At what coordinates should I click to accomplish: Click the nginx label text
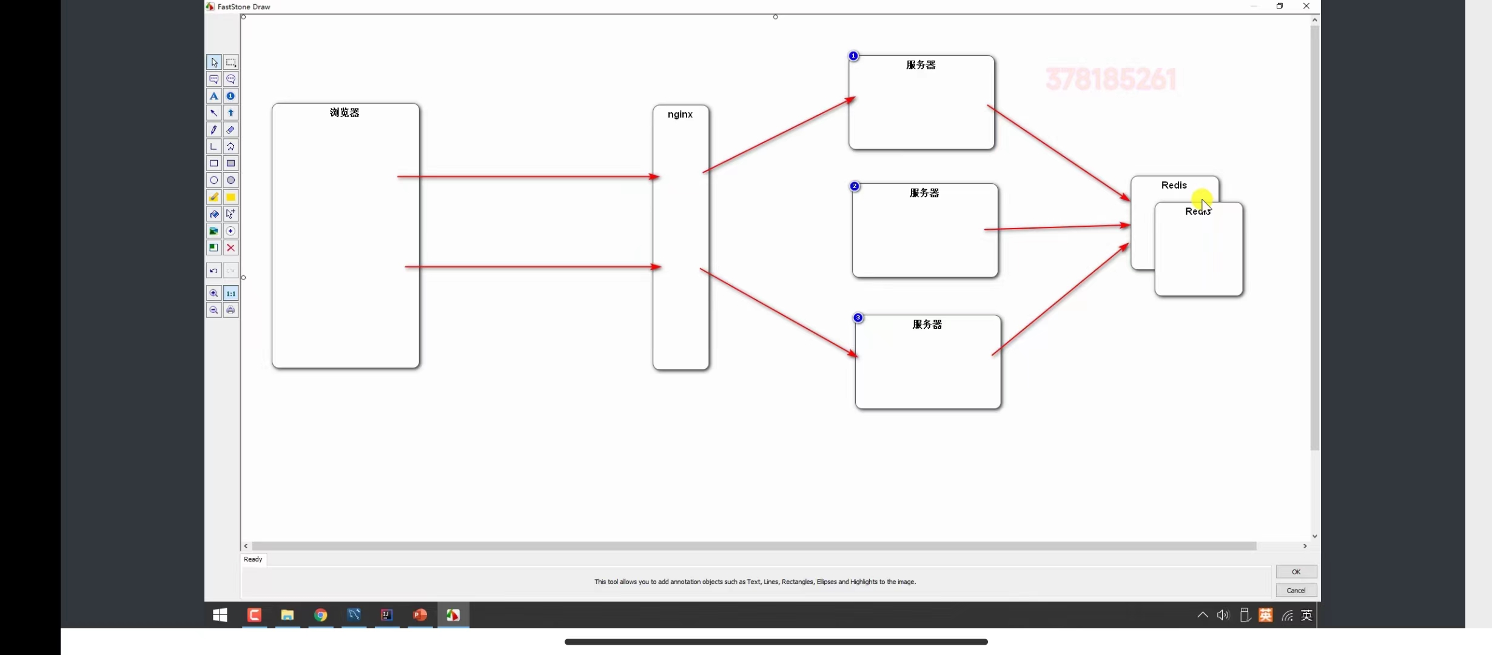pyautogui.click(x=680, y=114)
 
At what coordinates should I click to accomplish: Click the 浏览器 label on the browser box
pyautogui.click(x=344, y=113)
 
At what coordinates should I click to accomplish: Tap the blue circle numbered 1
pyautogui.click(x=853, y=56)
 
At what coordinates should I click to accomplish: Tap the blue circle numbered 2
pyautogui.click(x=855, y=186)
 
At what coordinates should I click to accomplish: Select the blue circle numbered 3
pyautogui.click(x=858, y=318)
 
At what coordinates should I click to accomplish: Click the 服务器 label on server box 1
pyautogui.click(x=921, y=65)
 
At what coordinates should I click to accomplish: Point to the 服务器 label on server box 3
pyautogui.click(x=927, y=324)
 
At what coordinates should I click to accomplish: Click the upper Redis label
pyautogui.click(x=1174, y=185)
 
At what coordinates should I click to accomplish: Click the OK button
pyautogui.click(x=1296, y=572)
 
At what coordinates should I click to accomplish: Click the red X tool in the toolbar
pyautogui.click(x=230, y=247)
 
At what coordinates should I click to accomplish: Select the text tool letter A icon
pyautogui.click(x=213, y=96)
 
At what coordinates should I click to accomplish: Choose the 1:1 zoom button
pyautogui.click(x=230, y=294)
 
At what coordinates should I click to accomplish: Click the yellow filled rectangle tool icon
pyautogui.click(x=230, y=197)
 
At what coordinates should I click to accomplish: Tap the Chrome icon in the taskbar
pyautogui.click(x=320, y=615)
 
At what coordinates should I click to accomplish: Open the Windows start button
pyautogui.click(x=220, y=615)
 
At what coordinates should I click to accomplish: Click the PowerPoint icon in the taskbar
pyautogui.click(x=420, y=615)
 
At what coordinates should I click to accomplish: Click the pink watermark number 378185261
pyautogui.click(x=1111, y=79)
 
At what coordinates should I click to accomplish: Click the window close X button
pyautogui.click(x=1306, y=6)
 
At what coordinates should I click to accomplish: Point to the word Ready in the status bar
pyautogui.click(x=253, y=559)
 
